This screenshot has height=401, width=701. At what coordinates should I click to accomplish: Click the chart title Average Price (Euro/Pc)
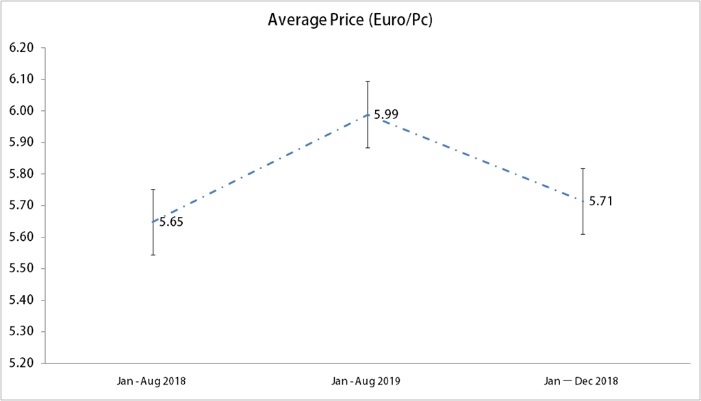pos(350,21)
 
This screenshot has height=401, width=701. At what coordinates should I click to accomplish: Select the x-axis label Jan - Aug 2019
pos(368,380)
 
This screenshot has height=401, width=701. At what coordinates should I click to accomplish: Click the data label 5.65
pos(171,222)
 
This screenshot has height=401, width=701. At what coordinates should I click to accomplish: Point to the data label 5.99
pos(386,114)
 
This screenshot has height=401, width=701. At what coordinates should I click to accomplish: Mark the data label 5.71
pos(601,201)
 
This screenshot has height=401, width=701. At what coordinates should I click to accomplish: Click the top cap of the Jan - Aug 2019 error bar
pos(368,81)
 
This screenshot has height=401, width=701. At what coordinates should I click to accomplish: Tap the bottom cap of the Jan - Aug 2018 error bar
pos(153,255)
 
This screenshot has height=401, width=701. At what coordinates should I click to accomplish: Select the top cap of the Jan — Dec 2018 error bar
pos(583,168)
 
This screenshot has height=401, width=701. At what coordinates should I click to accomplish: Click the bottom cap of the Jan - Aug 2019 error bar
pos(368,148)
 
